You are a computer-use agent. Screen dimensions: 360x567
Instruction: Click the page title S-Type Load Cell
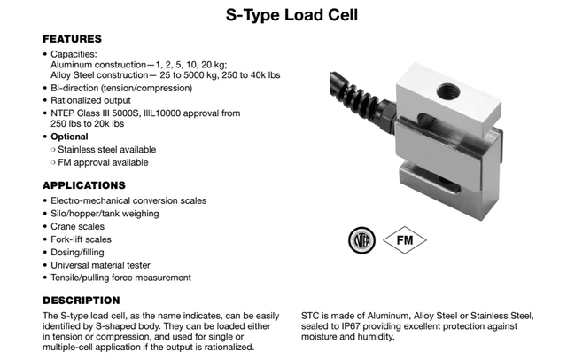click(x=283, y=15)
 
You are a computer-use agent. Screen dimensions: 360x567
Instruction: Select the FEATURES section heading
click(x=73, y=39)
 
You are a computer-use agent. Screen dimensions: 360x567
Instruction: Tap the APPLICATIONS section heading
click(x=85, y=185)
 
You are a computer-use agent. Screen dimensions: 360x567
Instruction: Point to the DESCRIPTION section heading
click(x=81, y=300)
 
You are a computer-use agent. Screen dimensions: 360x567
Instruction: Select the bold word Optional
click(x=69, y=137)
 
